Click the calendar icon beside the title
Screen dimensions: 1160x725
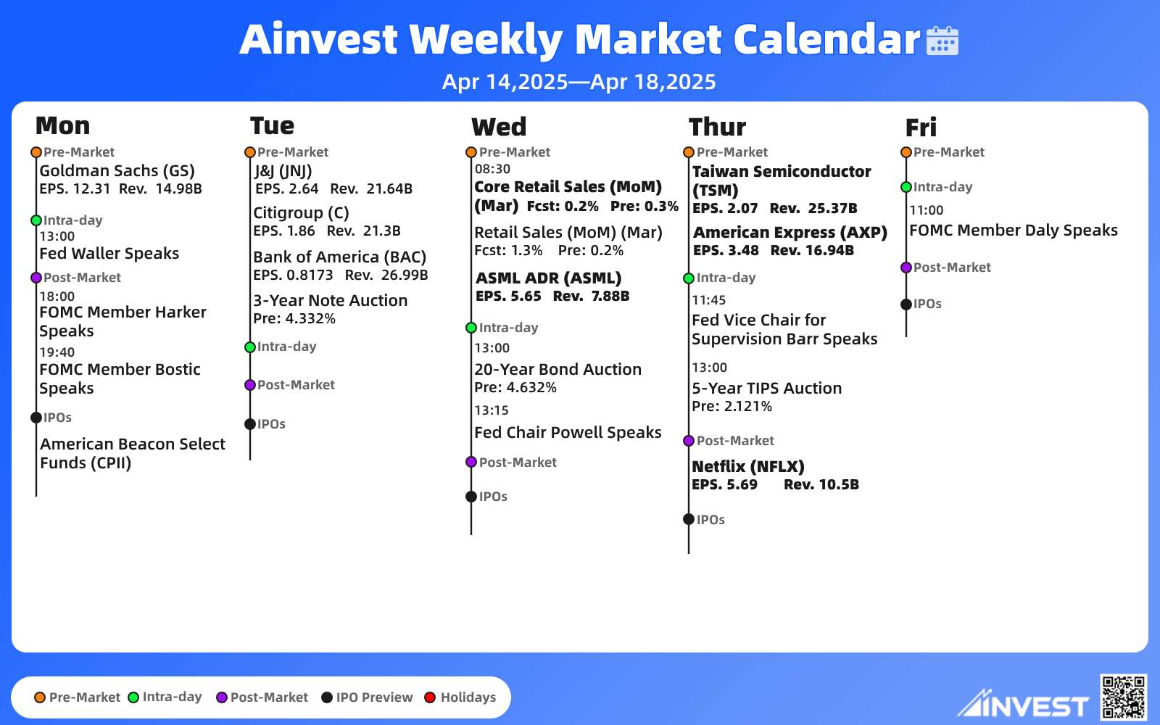pos(942,41)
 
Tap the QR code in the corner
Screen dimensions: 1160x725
pos(1123,697)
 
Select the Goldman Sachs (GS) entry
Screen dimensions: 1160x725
pos(117,171)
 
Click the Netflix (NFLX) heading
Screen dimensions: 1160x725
pos(747,467)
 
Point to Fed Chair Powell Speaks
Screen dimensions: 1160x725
pos(568,432)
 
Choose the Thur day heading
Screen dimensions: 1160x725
pos(717,127)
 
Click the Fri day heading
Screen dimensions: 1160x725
pos(921,128)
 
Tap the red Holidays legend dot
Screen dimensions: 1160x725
pos(430,697)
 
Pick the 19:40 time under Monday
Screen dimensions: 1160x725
pos(57,352)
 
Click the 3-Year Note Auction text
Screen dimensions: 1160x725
pos(331,300)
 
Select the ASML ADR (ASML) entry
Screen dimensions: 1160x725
pos(548,278)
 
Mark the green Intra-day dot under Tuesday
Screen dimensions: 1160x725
pos(250,347)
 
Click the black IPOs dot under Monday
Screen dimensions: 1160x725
pos(36,418)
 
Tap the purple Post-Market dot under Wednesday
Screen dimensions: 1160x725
pos(471,462)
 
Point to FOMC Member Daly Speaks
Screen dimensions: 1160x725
pos(1014,231)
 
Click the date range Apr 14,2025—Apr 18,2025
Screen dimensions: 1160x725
pos(579,82)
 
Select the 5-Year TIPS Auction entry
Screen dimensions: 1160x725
pos(767,389)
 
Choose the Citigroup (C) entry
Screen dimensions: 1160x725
pos(301,213)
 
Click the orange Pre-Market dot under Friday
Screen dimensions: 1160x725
pos(906,152)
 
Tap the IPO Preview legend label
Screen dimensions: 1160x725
pos(374,697)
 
